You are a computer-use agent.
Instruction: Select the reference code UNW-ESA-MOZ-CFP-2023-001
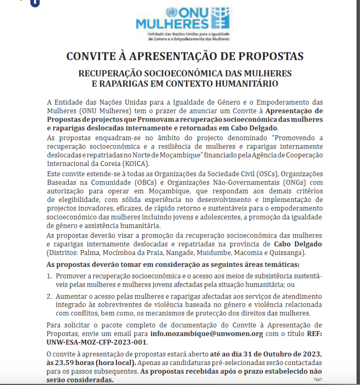(x=96, y=342)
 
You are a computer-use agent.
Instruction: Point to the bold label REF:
(x=313, y=334)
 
